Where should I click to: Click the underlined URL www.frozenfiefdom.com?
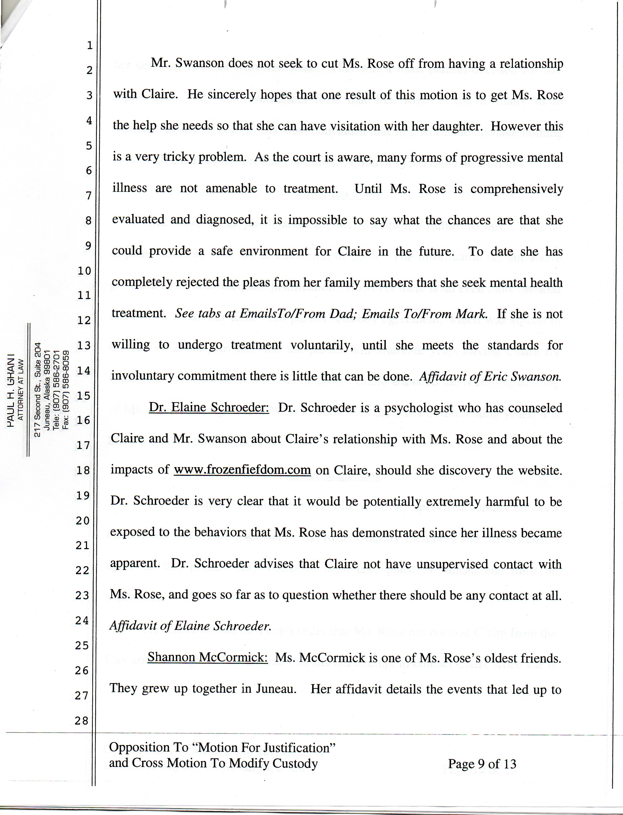(x=242, y=470)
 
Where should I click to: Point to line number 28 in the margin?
(x=82, y=721)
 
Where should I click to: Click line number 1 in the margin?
(x=89, y=45)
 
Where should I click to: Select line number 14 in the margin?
(x=83, y=370)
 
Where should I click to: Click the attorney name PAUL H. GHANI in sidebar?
(x=11, y=389)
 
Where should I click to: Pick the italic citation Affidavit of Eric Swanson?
(x=490, y=377)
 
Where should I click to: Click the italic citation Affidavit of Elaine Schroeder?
(x=191, y=626)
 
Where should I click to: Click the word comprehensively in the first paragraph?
(x=517, y=189)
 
